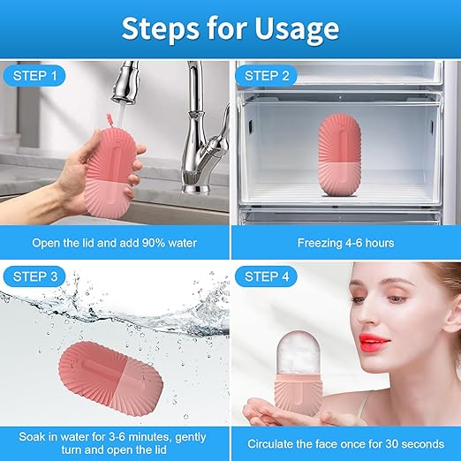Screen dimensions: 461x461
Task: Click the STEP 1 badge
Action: coord(34,76)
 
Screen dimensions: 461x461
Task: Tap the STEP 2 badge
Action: coord(267,76)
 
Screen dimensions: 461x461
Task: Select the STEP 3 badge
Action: coord(34,276)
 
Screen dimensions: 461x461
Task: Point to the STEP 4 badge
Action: coord(267,276)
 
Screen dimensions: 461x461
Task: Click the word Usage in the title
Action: coord(297,29)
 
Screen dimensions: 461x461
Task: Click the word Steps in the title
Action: coord(160,28)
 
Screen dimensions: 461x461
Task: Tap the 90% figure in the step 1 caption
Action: coord(153,243)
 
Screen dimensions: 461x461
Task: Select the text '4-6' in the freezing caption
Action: coord(354,243)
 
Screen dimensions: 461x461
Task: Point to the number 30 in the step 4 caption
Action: coord(391,443)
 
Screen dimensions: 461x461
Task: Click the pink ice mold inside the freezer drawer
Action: coord(339,155)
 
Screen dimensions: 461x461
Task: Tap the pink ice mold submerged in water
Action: coord(110,379)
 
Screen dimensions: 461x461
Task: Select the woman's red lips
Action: coord(374,341)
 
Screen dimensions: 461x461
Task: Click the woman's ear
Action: coord(453,315)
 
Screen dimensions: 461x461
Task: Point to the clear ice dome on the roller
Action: coord(299,353)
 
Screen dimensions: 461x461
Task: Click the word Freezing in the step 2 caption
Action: coord(320,244)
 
